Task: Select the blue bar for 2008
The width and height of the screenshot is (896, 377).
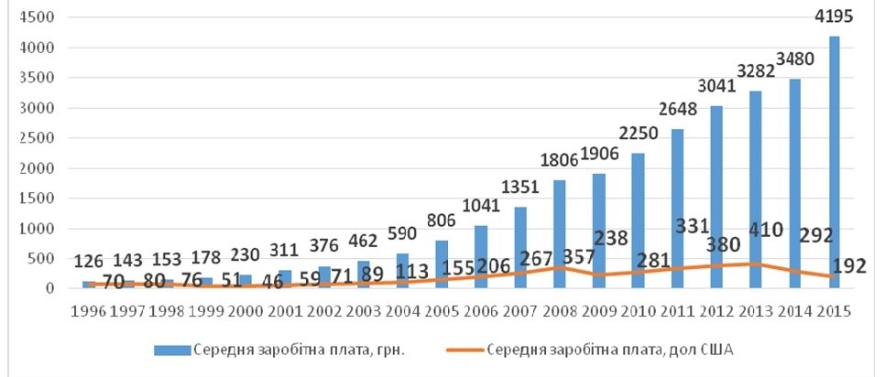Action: coord(558,234)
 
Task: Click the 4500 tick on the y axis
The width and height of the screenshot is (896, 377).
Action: coord(38,17)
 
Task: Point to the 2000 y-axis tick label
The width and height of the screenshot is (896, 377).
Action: coord(38,168)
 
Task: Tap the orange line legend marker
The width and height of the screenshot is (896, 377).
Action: coord(455,349)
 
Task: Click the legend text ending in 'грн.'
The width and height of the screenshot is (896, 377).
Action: coord(281,349)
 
